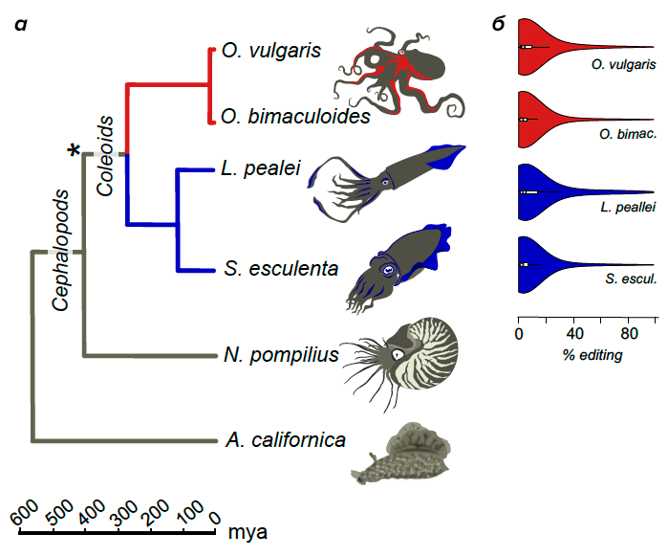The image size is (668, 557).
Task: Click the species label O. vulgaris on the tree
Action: click(270, 50)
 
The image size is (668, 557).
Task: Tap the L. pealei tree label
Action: click(260, 169)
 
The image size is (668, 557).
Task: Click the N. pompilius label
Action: click(281, 355)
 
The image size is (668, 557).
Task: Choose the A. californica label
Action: click(285, 440)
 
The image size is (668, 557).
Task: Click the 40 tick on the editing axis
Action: click(573, 335)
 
